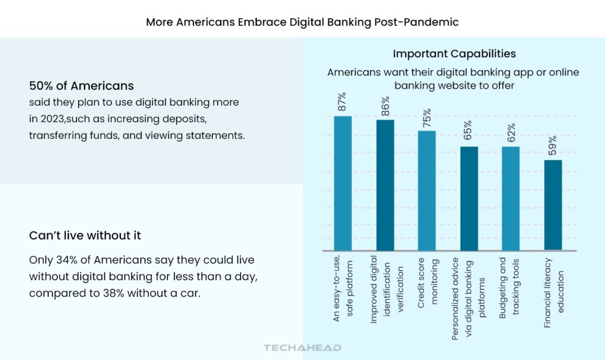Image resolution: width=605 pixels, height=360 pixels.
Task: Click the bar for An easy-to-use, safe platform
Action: coord(343,183)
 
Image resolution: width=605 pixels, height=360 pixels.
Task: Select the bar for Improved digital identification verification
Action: coord(385,184)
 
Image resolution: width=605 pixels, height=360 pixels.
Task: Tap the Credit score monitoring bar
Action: coord(427,190)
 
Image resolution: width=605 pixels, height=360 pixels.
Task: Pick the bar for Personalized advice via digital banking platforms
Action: coord(469,198)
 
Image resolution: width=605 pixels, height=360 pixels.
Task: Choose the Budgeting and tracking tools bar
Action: coord(510,198)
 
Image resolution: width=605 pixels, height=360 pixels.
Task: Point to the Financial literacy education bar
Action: coord(552,205)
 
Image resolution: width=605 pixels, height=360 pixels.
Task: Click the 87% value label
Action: coord(343,102)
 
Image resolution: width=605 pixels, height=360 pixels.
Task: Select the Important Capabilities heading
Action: coord(454,54)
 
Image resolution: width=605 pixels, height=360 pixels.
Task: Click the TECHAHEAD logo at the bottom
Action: coord(302,348)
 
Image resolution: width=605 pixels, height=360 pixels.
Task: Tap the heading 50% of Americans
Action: coord(82,86)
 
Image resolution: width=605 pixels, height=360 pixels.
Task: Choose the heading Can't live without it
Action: coord(85,236)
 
